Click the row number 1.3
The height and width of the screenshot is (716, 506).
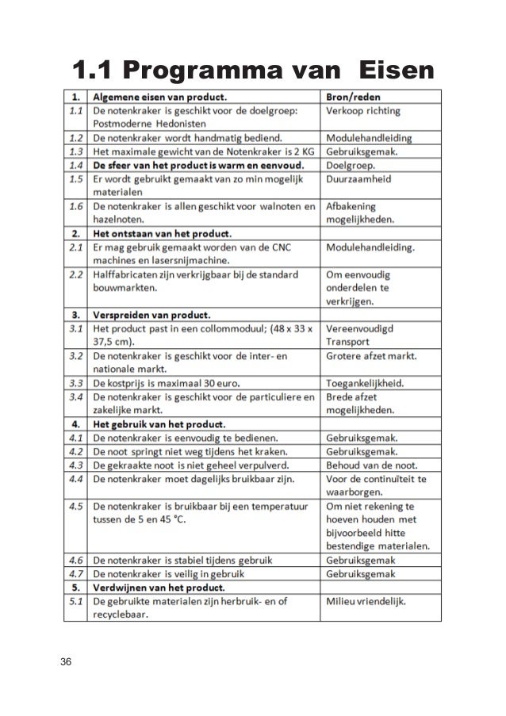(x=76, y=151)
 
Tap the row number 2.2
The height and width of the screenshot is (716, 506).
(x=76, y=275)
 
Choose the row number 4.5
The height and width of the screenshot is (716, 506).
(x=76, y=505)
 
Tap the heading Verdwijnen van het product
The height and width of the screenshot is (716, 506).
(x=158, y=588)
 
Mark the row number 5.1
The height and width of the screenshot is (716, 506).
(x=76, y=603)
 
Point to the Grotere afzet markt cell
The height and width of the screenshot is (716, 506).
(x=375, y=355)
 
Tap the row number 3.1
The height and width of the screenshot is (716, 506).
(x=76, y=328)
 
